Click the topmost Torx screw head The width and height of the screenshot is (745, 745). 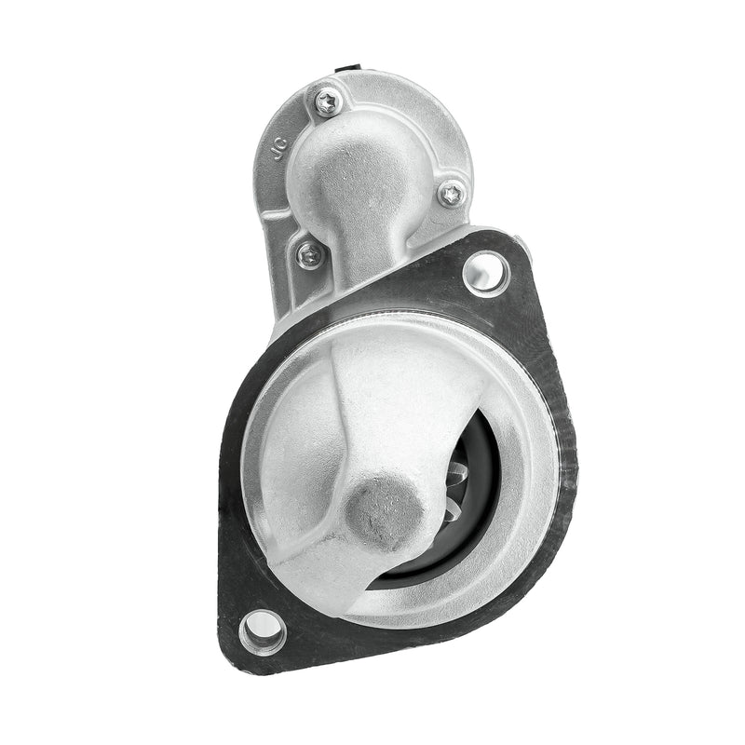point(327,102)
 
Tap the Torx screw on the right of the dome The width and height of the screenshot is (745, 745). point(452,194)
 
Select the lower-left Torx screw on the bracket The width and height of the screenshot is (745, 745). point(310,253)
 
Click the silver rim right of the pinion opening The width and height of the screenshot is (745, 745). point(531,466)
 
